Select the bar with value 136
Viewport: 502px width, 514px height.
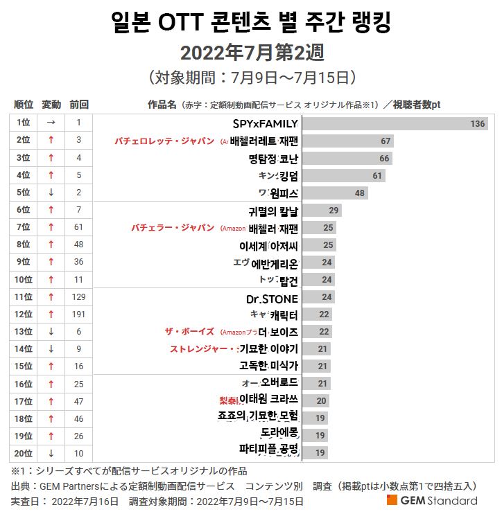[395, 124]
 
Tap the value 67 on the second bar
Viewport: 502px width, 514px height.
[386, 141]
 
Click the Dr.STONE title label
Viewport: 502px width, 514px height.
[272, 299]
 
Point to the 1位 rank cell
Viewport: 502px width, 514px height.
[24, 123]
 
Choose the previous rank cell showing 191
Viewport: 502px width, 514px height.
[79, 314]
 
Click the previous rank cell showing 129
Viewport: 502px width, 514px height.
[79, 297]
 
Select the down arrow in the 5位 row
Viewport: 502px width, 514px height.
[51, 193]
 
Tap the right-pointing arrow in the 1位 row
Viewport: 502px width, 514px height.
[51, 123]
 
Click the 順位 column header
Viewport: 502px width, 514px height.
[24, 105]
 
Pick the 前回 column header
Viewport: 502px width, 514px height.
[79, 105]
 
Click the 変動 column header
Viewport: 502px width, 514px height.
[51, 105]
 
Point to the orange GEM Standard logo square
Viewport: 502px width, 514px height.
[392, 500]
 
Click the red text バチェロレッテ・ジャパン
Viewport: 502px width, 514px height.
[164, 141]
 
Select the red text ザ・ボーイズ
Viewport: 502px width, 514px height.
[189, 332]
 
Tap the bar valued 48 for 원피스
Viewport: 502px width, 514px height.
[334, 193]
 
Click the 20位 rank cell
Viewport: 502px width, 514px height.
[24, 454]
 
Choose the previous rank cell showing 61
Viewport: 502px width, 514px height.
[79, 227]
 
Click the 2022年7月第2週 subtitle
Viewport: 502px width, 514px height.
[252, 53]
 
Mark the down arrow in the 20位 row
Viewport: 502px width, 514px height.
[51, 454]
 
